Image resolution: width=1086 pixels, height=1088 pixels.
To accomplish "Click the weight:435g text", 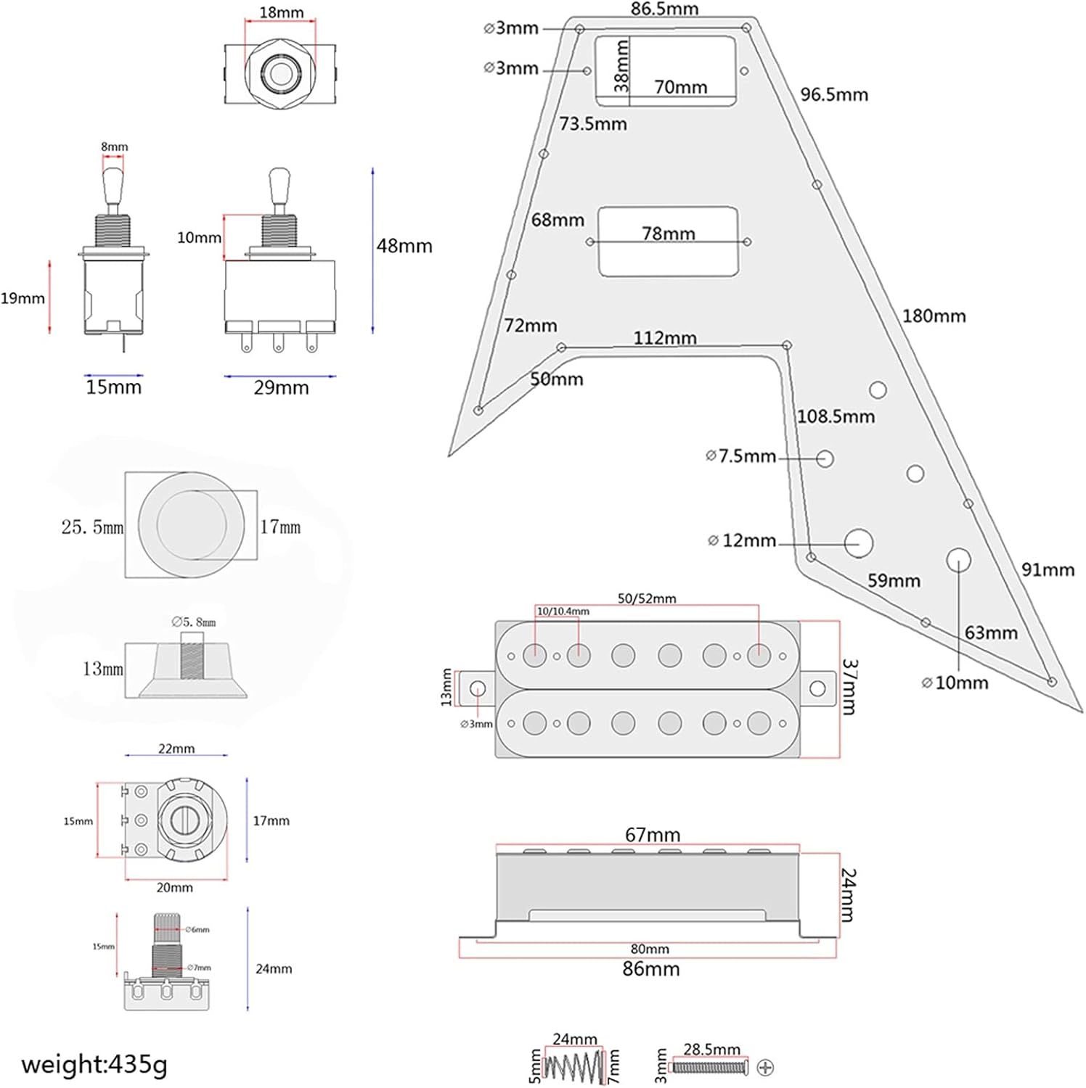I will tap(94, 1064).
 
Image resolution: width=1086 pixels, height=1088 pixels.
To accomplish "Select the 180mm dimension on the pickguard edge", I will tap(934, 316).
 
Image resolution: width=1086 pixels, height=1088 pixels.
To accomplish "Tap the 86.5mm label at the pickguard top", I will tap(664, 9).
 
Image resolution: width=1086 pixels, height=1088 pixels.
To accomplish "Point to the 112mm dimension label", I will tap(665, 338).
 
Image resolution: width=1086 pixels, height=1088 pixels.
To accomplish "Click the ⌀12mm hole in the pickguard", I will tap(858, 543).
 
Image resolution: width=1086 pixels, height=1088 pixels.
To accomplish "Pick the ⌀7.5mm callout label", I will tap(741, 456).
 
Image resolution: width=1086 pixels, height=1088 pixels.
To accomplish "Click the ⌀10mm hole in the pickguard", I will tap(958, 560).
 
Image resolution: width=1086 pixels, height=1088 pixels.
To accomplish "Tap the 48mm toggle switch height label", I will tap(404, 247).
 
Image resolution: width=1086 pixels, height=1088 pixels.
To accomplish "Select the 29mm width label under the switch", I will tap(281, 388).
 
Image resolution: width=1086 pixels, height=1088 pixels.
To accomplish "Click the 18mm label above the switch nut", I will tap(282, 13).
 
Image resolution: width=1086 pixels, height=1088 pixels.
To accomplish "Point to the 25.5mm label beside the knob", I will tap(92, 527).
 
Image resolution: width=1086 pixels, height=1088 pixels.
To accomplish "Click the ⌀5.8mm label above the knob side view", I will tap(194, 622).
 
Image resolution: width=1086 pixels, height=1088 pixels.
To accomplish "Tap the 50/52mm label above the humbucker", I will tap(647, 598).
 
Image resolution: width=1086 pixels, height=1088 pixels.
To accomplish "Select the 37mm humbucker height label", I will tap(849, 687).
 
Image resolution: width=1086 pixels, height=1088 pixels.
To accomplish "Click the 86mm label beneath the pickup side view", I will tap(651, 969).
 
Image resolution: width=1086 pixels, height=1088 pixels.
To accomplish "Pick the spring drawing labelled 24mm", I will tap(574, 1067).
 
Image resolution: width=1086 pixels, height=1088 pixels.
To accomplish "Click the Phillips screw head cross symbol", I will tap(765, 1067).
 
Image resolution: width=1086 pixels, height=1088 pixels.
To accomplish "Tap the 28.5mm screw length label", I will tap(711, 1050).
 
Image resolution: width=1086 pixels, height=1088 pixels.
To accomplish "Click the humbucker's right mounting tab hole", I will tap(817, 688).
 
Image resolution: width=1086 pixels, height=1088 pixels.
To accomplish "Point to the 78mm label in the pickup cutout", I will tap(669, 234).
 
